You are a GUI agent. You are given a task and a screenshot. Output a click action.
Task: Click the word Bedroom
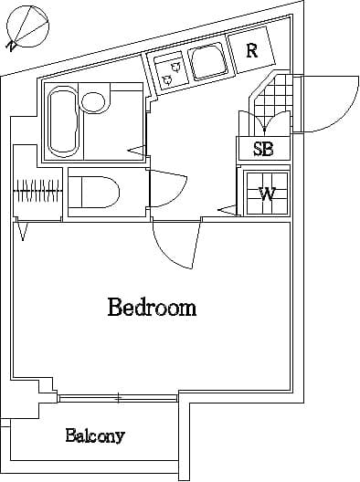[x=152, y=307]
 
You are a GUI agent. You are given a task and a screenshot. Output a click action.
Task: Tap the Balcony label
[x=95, y=435]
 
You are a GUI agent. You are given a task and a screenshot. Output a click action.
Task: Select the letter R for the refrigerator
[x=251, y=50]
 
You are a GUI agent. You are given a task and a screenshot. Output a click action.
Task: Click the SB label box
[x=263, y=149]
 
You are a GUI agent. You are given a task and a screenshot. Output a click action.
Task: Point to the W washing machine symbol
[x=266, y=193]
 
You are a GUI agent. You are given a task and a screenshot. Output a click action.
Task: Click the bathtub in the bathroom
[x=62, y=120]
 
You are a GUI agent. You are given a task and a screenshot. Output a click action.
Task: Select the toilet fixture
[x=95, y=192]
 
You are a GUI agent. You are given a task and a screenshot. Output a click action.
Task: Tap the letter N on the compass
[x=11, y=46]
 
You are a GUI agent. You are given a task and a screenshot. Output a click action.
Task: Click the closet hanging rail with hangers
[x=39, y=193]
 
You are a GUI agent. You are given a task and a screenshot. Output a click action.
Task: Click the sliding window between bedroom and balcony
[x=117, y=397]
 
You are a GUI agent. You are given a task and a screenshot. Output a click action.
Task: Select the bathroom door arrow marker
[x=136, y=149]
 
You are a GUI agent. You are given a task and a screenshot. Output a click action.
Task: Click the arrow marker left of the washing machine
[x=225, y=212]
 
